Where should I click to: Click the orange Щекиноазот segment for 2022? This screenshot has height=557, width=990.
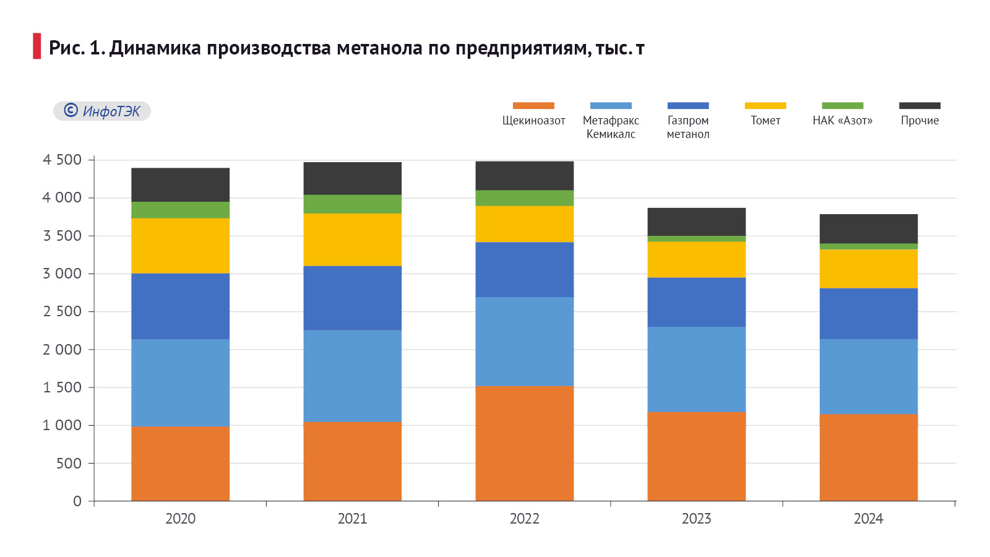tap(524, 443)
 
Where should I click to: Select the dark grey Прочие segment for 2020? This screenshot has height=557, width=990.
tap(180, 184)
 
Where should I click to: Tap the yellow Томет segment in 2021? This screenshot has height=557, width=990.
tap(352, 240)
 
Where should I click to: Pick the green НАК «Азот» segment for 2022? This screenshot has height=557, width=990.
tap(524, 198)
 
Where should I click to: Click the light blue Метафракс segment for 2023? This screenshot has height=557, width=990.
tap(696, 369)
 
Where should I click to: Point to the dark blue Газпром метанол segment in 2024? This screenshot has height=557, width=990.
tap(868, 313)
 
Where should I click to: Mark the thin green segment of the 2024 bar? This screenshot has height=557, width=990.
tap(868, 246)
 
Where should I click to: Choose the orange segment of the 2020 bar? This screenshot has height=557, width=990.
tap(180, 464)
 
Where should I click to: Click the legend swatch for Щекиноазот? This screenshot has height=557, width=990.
tap(533, 106)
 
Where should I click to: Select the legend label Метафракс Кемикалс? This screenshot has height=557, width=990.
tap(611, 127)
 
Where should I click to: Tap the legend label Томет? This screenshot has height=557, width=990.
tap(765, 121)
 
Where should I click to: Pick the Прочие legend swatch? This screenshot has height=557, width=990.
tap(919, 106)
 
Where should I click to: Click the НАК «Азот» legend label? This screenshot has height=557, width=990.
tap(842, 121)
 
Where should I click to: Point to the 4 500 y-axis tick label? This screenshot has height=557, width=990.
tap(62, 160)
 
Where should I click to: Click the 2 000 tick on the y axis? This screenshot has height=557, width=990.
tap(62, 350)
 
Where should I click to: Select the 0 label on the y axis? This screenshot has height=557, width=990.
tap(77, 501)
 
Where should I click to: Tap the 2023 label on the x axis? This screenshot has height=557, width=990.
tap(696, 519)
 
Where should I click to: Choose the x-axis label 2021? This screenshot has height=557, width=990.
tap(352, 519)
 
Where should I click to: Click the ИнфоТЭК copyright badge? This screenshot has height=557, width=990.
tap(102, 111)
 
